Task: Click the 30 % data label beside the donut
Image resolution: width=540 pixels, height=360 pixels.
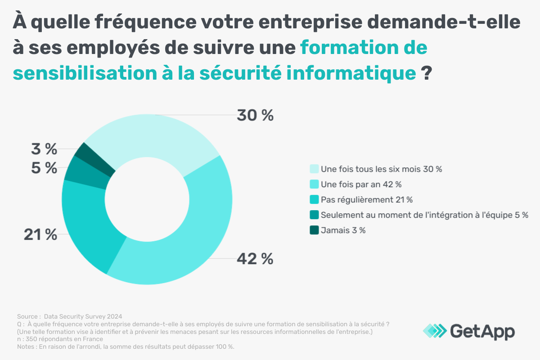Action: point(255,116)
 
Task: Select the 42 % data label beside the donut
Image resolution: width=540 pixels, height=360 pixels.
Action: point(255,259)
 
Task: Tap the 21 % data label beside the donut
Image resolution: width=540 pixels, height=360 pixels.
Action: point(40,234)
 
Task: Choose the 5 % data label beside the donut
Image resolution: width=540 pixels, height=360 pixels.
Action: point(44,168)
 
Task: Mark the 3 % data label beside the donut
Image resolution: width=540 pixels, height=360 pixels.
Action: point(44,148)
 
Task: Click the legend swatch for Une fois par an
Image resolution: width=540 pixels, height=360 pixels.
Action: point(314,184)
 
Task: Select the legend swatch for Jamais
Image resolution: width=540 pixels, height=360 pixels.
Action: point(314,230)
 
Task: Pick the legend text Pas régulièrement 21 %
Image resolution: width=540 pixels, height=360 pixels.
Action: point(366,200)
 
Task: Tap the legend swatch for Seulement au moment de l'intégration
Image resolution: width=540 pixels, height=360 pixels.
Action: point(314,215)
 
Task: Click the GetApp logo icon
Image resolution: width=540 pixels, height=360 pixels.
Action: point(435,331)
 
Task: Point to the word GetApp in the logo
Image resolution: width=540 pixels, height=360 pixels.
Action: point(482,331)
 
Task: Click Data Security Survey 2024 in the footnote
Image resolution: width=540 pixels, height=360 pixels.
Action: point(83,316)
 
